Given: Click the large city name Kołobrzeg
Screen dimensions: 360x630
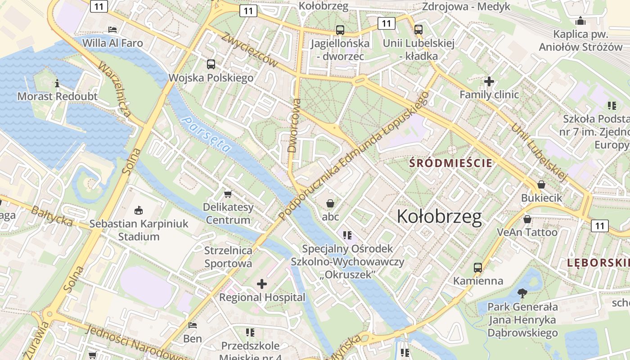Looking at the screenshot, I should (x=439, y=217).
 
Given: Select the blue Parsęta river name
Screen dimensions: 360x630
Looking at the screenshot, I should (x=207, y=135).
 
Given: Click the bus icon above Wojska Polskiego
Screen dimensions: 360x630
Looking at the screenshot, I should (x=211, y=64).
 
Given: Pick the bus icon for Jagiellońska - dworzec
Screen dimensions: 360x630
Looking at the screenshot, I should (x=340, y=30).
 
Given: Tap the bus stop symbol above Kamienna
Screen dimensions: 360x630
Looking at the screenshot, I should (x=478, y=268).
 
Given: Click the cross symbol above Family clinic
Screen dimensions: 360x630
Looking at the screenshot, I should (x=489, y=81).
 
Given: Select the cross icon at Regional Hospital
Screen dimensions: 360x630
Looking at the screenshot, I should (x=262, y=284).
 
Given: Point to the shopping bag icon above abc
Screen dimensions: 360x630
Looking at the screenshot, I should (x=330, y=203).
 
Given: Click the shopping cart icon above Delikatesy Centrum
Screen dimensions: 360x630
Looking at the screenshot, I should (x=228, y=194).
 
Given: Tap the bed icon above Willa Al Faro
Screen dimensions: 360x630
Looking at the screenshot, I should (x=112, y=30).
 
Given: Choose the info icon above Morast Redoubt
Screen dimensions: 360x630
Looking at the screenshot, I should (x=57, y=83).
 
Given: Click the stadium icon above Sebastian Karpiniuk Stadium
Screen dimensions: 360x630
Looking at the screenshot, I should (x=138, y=210).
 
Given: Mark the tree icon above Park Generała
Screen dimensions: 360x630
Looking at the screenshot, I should (x=522, y=293).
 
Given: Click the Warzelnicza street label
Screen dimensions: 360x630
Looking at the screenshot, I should (x=115, y=90).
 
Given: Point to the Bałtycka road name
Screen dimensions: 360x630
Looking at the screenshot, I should (x=52, y=215).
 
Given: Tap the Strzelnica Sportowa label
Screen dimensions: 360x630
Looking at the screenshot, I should (x=228, y=257).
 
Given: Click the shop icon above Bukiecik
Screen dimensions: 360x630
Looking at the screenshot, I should (x=541, y=184).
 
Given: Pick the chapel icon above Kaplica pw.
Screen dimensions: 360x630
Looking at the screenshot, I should (x=580, y=21).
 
